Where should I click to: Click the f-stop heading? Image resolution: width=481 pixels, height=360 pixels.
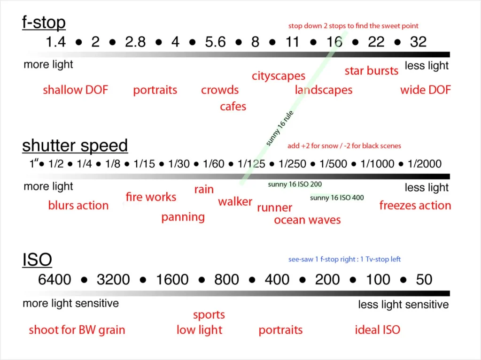click(44, 23)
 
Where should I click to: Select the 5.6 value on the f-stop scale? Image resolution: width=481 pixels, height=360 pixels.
click(215, 42)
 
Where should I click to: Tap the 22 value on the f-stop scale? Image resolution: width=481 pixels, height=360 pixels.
click(376, 42)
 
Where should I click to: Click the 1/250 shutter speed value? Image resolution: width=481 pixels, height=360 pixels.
click(292, 164)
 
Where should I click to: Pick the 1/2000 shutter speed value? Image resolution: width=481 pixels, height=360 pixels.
click(424, 164)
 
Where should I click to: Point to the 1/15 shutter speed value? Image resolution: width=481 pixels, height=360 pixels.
click(144, 164)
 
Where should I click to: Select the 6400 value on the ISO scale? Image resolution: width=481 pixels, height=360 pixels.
click(54, 280)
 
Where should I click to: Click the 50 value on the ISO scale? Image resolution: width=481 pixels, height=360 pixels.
click(424, 280)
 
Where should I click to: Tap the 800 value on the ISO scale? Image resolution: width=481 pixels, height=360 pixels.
click(226, 280)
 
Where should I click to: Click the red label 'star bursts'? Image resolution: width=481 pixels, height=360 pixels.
click(372, 71)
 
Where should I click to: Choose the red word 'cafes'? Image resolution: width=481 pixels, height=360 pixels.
click(233, 107)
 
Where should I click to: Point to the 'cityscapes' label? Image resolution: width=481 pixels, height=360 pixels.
click(279, 76)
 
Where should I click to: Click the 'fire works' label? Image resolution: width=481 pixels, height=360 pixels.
click(151, 197)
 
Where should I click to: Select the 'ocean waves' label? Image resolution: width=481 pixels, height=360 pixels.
click(307, 220)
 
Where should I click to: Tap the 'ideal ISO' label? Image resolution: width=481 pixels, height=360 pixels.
click(377, 330)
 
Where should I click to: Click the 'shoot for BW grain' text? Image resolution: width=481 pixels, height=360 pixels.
click(77, 330)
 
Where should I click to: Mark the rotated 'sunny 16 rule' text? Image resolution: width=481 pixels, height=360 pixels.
click(279, 128)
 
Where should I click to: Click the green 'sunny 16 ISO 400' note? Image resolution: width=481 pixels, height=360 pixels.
click(337, 198)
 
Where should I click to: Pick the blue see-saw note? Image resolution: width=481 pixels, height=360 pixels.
click(344, 260)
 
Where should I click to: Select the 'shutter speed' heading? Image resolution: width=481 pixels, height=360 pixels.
click(75, 146)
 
